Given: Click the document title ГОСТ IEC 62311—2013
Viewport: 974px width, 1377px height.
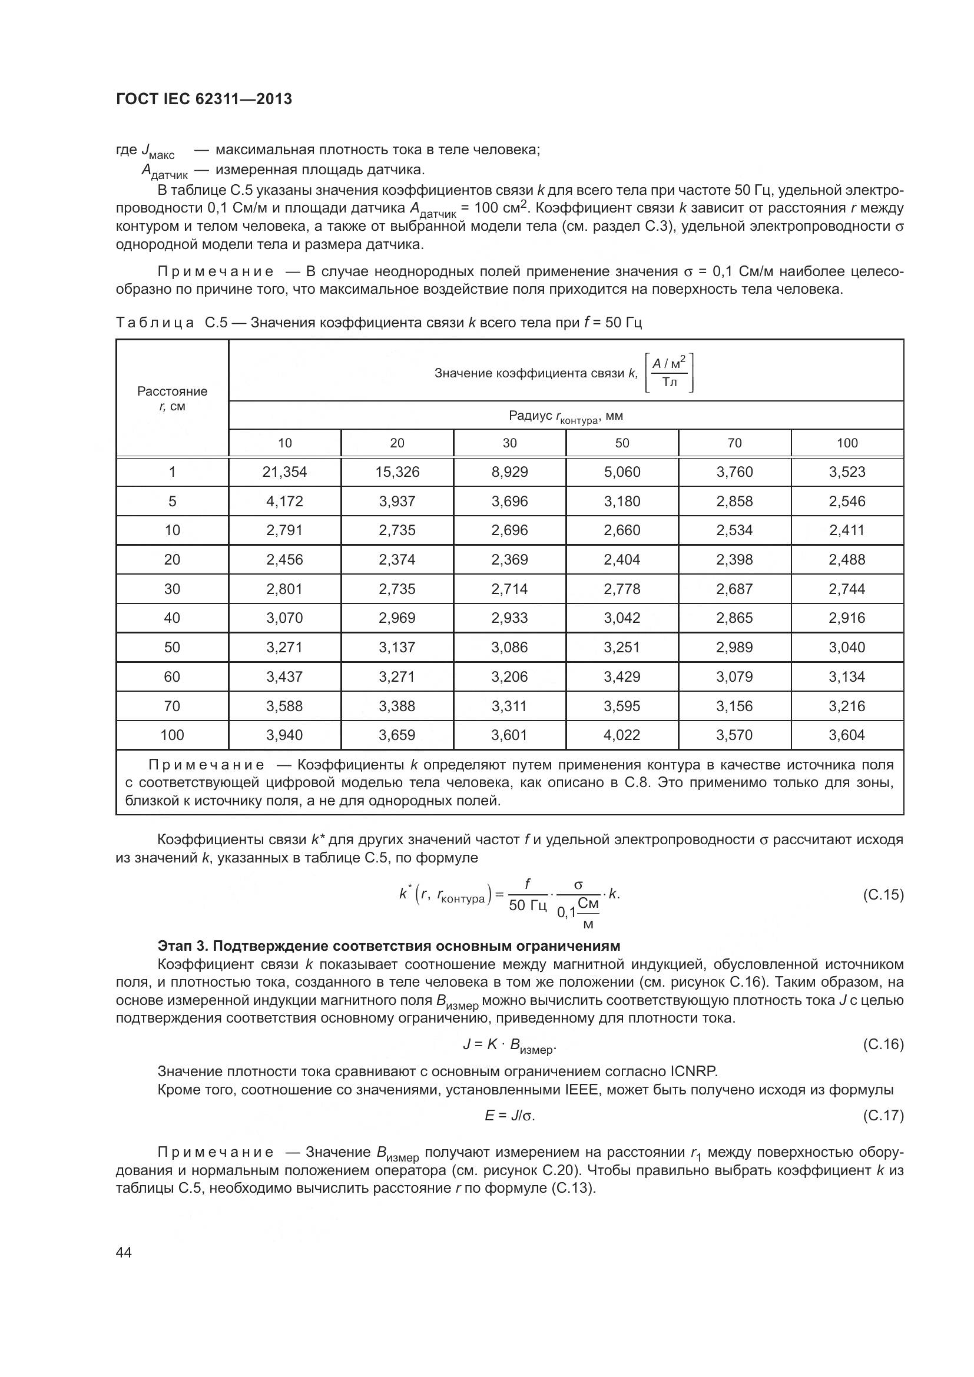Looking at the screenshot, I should [x=204, y=99].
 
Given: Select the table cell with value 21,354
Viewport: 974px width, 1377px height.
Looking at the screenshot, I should [x=284, y=472].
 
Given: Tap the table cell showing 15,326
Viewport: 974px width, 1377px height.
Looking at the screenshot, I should [x=397, y=472].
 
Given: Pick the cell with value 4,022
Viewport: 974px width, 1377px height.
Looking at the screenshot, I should [x=622, y=735].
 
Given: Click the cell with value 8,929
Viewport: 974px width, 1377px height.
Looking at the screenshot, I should [x=509, y=472].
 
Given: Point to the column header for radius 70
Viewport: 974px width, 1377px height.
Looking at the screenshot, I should [x=734, y=443].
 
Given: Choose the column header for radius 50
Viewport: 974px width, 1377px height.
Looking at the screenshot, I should [x=622, y=443].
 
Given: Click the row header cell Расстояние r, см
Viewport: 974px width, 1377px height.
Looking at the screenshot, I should [x=172, y=399].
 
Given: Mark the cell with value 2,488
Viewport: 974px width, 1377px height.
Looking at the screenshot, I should [x=847, y=559].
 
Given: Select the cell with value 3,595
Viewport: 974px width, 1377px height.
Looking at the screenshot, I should [x=622, y=706].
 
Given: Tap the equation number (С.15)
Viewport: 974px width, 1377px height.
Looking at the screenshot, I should [x=883, y=895].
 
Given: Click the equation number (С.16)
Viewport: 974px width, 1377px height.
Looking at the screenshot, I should [x=883, y=1045].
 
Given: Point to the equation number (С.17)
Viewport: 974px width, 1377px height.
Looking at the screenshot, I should [x=883, y=1116].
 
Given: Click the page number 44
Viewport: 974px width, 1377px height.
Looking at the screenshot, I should [x=124, y=1252].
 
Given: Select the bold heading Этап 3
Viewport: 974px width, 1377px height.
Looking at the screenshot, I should [x=389, y=947].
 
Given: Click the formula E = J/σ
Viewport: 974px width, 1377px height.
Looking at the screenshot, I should [x=509, y=1116].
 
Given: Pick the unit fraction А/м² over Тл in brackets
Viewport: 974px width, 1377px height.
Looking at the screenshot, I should [x=670, y=373].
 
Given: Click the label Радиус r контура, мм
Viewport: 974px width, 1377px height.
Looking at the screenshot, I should [x=565, y=416].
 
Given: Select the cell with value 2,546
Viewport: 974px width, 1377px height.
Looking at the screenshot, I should [x=847, y=502].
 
